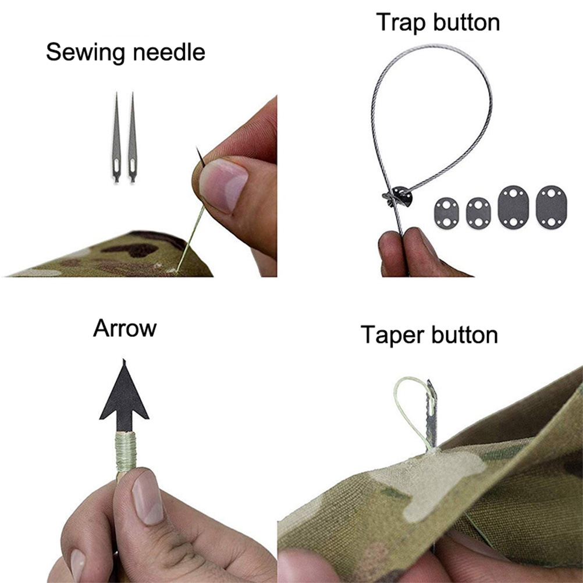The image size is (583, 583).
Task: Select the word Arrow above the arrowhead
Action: pyautogui.click(x=125, y=328)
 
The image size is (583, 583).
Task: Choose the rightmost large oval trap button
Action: pyautogui.click(x=552, y=207)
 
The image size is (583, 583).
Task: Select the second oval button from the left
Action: pyautogui.click(x=478, y=213)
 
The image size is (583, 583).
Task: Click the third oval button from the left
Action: pyautogui.click(x=513, y=207)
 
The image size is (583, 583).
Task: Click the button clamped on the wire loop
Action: pyautogui.click(x=399, y=196)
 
